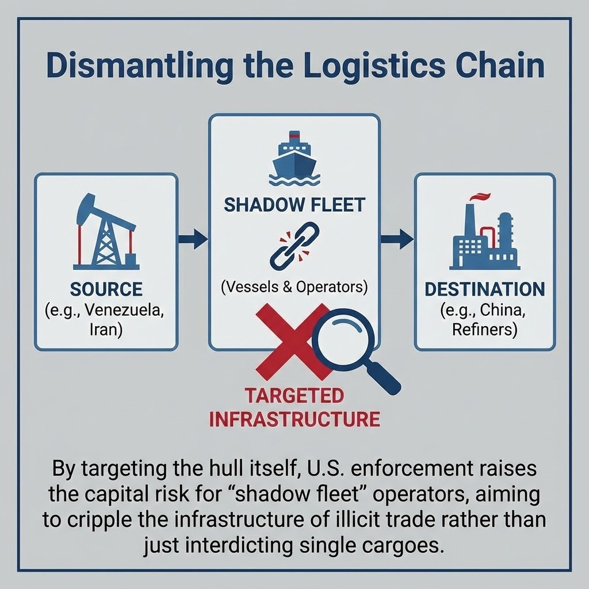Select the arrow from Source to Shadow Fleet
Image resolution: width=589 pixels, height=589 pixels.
point(192,239)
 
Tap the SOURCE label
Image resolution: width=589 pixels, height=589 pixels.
point(106,288)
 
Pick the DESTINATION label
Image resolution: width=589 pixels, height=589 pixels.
point(484,289)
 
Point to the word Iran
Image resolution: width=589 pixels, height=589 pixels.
point(106,331)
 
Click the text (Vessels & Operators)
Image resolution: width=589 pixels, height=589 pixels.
point(294,286)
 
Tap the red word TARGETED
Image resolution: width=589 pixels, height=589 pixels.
point(294,396)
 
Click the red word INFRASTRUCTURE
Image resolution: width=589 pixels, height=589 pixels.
point(294,419)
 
